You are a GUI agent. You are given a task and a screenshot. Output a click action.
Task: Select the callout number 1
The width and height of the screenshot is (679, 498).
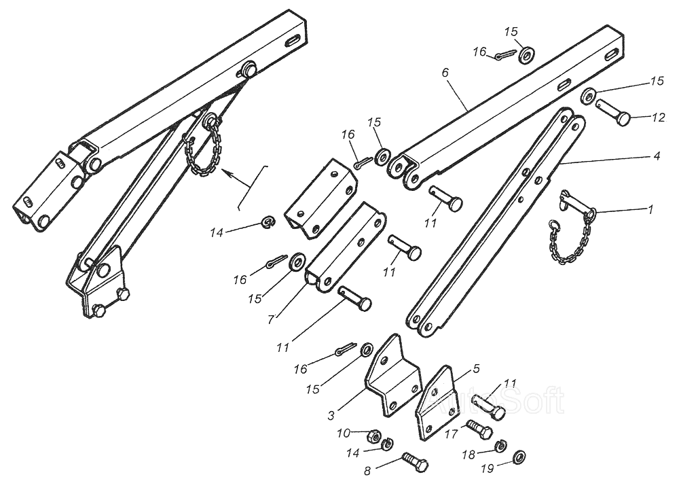[x=650, y=210]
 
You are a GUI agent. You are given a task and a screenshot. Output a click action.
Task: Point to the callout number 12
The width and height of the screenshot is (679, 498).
[x=657, y=118]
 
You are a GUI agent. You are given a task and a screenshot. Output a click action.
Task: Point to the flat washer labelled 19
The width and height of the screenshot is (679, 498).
[x=520, y=455]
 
